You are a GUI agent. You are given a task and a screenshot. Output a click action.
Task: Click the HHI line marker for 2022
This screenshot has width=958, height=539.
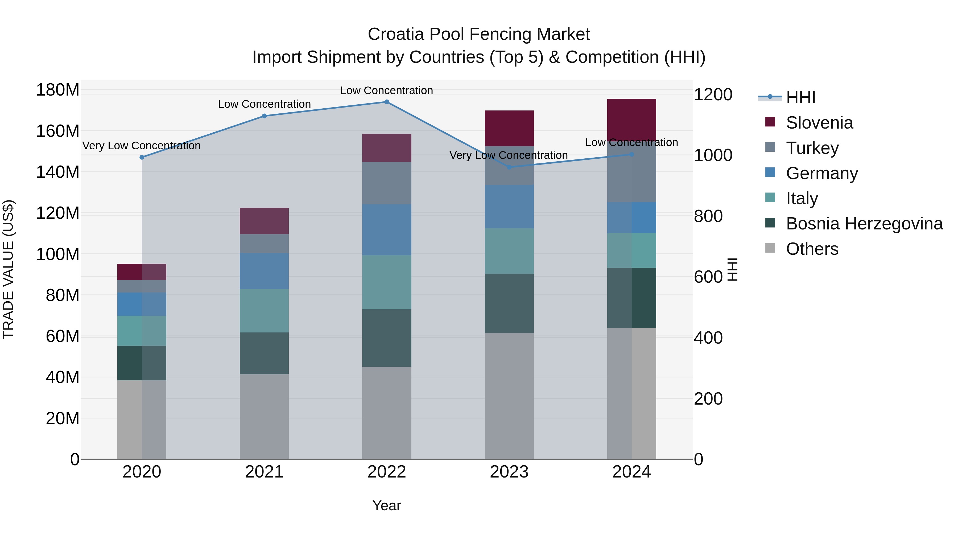tap(386, 102)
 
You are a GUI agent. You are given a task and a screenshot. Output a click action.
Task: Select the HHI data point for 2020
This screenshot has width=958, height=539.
tap(142, 157)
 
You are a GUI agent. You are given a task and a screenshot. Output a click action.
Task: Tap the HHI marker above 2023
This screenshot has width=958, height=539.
tap(509, 167)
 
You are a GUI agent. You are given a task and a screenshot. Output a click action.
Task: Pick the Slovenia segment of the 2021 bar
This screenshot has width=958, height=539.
tap(264, 221)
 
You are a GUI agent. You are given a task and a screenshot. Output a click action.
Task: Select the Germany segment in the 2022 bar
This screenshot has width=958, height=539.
tap(386, 229)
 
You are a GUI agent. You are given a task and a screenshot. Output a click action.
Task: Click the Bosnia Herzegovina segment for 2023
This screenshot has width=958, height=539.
tap(509, 303)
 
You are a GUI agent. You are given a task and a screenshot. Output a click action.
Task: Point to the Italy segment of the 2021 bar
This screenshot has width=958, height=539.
tap(264, 311)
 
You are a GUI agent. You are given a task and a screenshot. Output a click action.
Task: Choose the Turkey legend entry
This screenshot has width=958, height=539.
tap(812, 148)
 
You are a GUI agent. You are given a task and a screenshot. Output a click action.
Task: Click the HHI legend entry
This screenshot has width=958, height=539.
tap(801, 97)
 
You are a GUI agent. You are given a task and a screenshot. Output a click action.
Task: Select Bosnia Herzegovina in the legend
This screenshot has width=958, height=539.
tap(864, 224)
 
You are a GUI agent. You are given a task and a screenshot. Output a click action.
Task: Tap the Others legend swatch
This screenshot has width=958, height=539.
tap(770, 248)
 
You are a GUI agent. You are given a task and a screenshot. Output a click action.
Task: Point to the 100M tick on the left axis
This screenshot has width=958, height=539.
tap(58, 254)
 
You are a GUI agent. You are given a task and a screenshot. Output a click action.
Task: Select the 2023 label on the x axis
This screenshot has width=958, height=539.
tap(509, 472)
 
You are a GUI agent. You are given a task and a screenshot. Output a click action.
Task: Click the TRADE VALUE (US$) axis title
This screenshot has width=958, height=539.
tap(8, 269)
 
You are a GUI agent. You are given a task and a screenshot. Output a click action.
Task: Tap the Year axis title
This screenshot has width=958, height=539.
tap(386, 505)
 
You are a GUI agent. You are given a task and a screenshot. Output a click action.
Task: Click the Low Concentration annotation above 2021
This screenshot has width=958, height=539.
tap(264, 104)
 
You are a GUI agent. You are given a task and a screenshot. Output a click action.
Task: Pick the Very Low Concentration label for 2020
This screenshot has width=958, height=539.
tap(141, 146)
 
